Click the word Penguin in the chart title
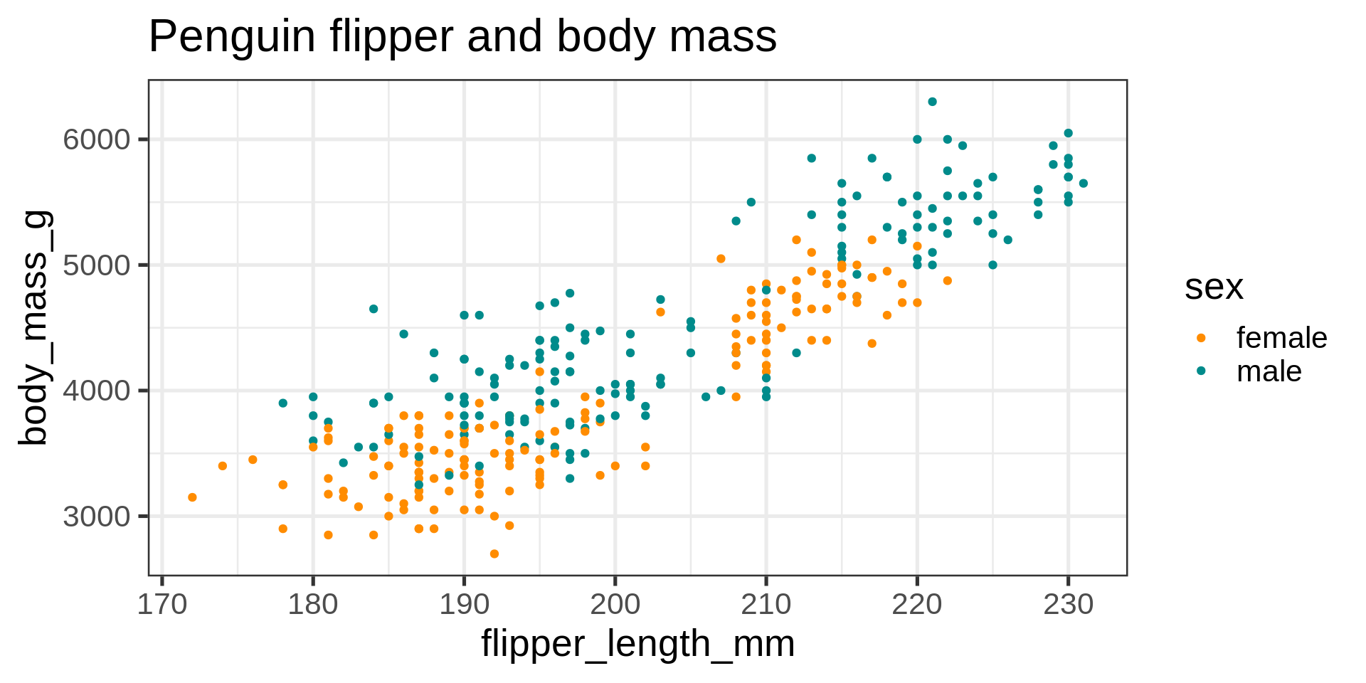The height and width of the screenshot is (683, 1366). pyautogui.click(x=231, y=37)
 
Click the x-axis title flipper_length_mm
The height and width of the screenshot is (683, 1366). pyautogui.click(x=637, y=645)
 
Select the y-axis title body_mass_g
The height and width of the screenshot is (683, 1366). pyautogui.click(x=34, y=327)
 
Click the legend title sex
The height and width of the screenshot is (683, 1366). pyautogui.click(x=1214, y=287)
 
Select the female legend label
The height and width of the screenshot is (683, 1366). pyautogui.click(x=1281, y=338)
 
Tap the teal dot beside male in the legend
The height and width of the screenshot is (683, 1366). pyautogui.click(x=1201, y=371)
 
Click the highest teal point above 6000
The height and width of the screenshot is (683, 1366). pyautogui.click(x=932, y=102)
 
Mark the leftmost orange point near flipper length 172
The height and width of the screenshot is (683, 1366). pyautogui.click(x=192, y=497)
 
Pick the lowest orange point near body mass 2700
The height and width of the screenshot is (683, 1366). pyautogui.click(x=494, y=554)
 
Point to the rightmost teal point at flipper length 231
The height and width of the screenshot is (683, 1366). pyautogui.click(x=1083, y=184)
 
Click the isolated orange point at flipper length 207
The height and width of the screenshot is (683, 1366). pyautogui.click(x=721, y=259)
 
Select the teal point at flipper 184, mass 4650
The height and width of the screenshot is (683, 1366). pyautogui.click(x=374, y=309)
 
